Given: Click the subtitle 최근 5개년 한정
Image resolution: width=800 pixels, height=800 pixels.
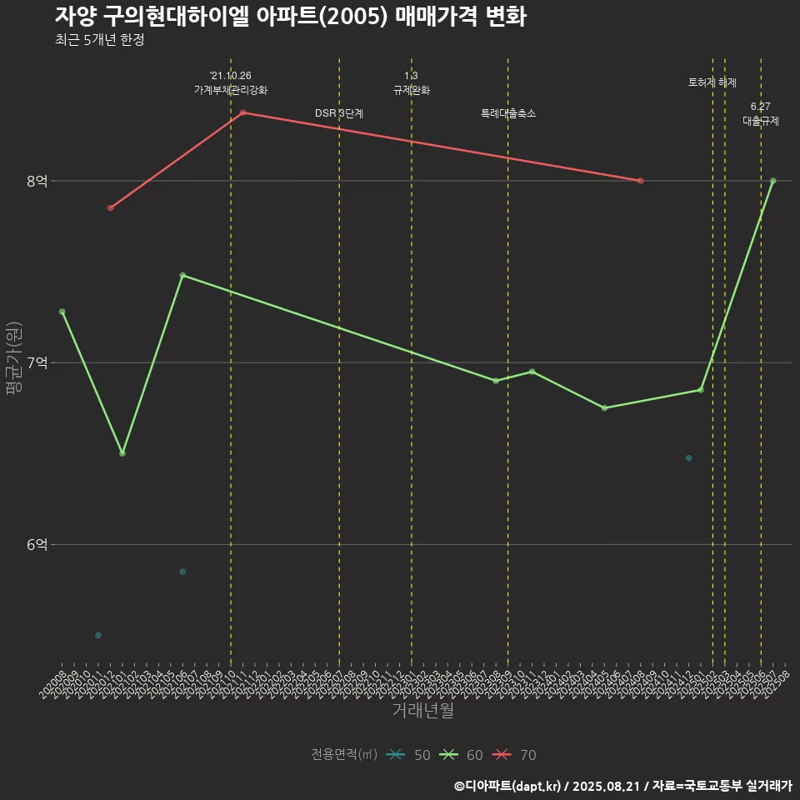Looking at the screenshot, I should (x=100, y=40).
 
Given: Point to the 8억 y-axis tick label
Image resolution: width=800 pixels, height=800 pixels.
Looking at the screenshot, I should (x=37, y=181).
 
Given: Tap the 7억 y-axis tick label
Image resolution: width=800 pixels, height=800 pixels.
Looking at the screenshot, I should (x=37, y=362).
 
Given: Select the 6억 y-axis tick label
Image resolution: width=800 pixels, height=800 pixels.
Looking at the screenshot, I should (x=37, y=544).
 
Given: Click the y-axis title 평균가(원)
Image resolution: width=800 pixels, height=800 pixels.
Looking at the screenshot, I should (x=13, y=362).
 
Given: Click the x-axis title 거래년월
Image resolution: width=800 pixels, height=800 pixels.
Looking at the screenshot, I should (x=422, y=711).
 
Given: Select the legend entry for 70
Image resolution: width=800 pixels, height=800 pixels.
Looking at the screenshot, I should (x=514, y=755).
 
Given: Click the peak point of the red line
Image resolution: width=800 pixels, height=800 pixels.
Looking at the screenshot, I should (x=242, y=112).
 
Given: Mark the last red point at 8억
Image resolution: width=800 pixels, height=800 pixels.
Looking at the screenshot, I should (x=640, y=181).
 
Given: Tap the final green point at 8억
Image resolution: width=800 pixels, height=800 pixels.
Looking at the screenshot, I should (x=773, y=181).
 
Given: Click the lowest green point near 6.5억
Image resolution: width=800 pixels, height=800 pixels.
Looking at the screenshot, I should (x=122, y=453).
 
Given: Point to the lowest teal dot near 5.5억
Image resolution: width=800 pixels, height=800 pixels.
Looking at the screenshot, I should (x=98, y=635).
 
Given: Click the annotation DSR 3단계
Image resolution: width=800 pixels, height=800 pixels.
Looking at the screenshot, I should (x=339, y=113).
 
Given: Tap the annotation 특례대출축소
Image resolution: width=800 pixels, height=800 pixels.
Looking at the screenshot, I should (x=508, y=113).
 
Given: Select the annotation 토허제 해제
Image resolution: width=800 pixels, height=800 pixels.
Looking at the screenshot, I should (x=712, y=82).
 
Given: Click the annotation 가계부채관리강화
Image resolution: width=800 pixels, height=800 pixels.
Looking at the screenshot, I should (x=231, y=90).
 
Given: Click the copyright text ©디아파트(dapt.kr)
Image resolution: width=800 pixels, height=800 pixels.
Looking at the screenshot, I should (x=508, y=785).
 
